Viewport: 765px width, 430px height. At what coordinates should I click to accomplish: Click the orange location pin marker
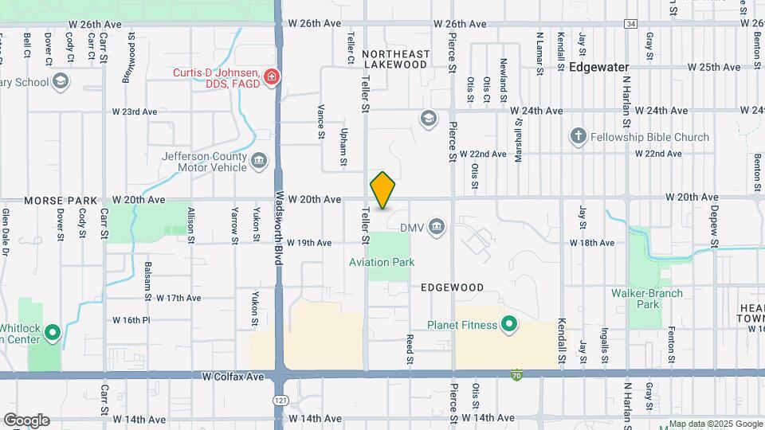click(x=382, y=190)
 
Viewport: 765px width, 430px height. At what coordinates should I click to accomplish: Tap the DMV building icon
click(x=436, y=229)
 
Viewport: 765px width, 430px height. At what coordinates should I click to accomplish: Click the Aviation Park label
click(x=382, y=262)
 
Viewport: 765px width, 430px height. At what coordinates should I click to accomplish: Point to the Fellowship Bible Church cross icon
click(x=579, y=136)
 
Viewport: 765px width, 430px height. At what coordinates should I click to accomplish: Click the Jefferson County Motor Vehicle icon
click(x=259, y=162)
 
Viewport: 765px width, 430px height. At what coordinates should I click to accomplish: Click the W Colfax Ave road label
click(x=233, y=376)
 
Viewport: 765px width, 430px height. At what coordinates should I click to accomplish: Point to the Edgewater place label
click(x=599, y=68)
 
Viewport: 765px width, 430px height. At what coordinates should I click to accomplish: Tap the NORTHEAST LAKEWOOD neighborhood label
click(x=395, y=59)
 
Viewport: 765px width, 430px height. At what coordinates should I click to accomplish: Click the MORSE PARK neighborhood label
click(x=61, y=200)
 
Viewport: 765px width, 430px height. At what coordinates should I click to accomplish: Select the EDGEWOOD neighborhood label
click(x=452, y=287)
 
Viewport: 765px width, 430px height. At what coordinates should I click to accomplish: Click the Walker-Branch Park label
click(x=647, y=299)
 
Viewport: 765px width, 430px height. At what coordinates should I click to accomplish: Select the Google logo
click(x=25, y=420)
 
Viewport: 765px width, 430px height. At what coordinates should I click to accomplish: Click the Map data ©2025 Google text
click(x=715, y=424)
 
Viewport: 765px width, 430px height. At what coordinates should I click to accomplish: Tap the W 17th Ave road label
click(x=178, y=298)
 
